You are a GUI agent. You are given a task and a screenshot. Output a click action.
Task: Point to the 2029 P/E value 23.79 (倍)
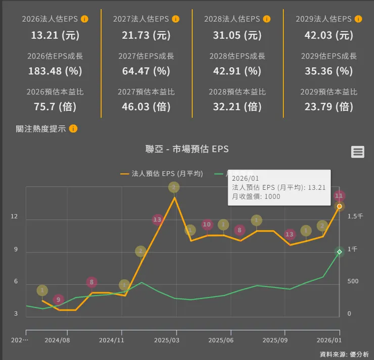[329, 107]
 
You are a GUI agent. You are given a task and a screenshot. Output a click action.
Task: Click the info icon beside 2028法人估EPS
[266, 19]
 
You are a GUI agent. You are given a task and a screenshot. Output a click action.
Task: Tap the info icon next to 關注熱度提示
[73, 128]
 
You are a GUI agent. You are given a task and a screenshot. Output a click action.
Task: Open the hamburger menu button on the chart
[358, 151]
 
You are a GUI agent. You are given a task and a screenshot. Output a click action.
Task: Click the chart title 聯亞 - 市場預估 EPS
[187, 149]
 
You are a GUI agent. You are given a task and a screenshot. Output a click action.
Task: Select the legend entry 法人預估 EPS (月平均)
[162, 173]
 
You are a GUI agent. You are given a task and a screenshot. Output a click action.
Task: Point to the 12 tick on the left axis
[14, 217]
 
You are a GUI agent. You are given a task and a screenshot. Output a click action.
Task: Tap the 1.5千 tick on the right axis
[355, 216]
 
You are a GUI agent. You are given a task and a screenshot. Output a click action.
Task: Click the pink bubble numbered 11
[340, 195]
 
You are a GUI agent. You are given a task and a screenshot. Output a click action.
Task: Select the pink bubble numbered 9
[59, 300]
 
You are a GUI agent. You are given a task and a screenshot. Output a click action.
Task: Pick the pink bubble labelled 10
[207, 224]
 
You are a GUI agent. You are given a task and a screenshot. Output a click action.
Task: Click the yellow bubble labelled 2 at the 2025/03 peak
[174, 187]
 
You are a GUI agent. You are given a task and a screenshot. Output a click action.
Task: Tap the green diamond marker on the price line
[340, 251]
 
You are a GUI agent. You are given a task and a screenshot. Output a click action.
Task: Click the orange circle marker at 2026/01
[340, 207]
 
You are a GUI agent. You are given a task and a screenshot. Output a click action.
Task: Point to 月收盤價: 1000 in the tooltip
[256, 196]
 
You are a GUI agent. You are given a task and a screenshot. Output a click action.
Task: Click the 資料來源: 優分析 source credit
[344, 353]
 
